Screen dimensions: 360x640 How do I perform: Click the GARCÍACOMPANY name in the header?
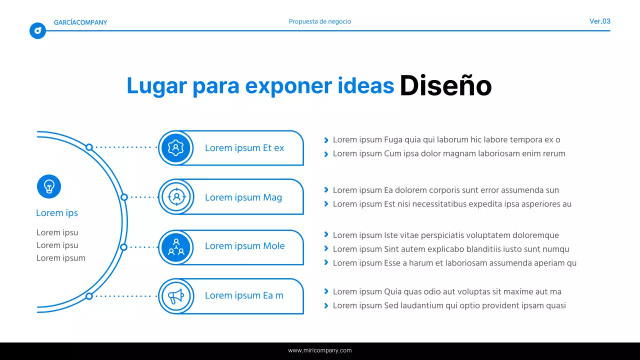pyautogui.click(x=80, y=22)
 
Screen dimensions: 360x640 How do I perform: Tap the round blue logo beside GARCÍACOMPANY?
pyautogui.click(x=37, y=31)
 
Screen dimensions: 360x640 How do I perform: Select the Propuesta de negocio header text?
pyautogui.click(x=320, y=21)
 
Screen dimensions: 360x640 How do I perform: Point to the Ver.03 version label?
pyautogui.click(x=600, y=21)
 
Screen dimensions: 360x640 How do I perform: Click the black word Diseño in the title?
pyautogui.click(x=445, y=86)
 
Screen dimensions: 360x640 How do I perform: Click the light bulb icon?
pyautogui.click(x=49, y=186)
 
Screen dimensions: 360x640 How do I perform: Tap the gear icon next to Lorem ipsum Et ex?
pyautogui.click(x=176, y=148)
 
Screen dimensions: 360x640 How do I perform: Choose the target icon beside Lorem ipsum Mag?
pyautogui.click(x=176, y=197)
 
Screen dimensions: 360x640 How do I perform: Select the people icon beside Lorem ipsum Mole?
pyautogui.click(x=176, y=247)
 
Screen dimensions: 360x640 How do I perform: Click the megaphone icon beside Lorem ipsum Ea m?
pyautogui.click(x=176, y=296)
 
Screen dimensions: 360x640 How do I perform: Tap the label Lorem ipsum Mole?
pyautogui.click(x=245, y=246)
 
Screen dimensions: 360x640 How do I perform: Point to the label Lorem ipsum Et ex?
pyautogui.click(x=244, y=148)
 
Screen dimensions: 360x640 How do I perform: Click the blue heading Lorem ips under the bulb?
pyautogui.click(x=57, y=213)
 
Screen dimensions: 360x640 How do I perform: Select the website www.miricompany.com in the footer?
pyautogui.click(x=320, y=350)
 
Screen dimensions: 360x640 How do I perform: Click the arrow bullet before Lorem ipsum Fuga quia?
pyautogui.click(x=326, y=140)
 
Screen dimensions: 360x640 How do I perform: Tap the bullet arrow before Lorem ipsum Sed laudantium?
pyautogui.click(x=326, y=306)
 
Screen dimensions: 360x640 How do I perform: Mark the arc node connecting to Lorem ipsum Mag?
pyautogui.click(x=124, y=197)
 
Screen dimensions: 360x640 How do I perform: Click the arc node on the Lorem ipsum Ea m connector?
pyautogui.click(x=89, y=296)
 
